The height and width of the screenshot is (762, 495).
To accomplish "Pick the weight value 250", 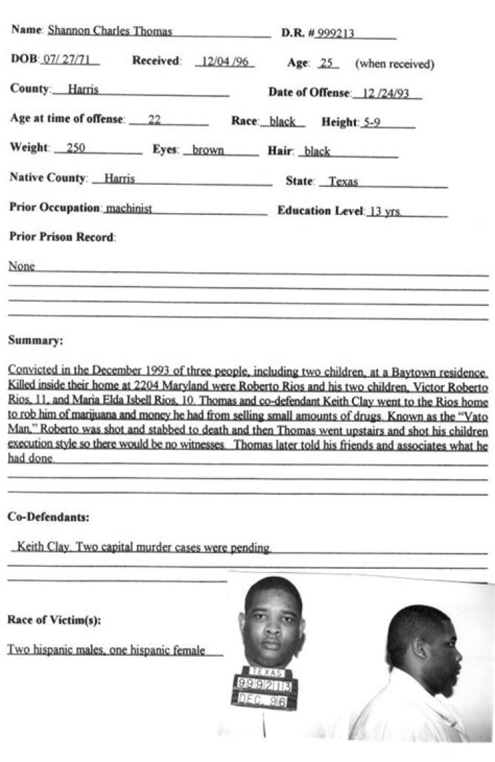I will tap(76, 148).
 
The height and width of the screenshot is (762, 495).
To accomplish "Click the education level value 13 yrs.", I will tap(386, 212).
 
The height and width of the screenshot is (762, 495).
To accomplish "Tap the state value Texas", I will tap(343, 182).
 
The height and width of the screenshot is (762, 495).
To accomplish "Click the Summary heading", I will tap(35, 340).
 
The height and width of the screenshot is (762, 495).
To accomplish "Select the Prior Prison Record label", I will tap(63, 237).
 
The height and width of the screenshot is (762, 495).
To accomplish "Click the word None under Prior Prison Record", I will tap(21, 267).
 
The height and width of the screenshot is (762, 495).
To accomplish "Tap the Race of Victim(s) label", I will tap(54, 620).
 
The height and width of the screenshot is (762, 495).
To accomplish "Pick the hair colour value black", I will tap(317, 152).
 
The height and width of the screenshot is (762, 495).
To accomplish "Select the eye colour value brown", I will tap(208, 150).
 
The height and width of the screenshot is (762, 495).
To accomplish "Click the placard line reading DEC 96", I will tap(263, 699).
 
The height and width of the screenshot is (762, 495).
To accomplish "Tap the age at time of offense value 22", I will tap(154, 120).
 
